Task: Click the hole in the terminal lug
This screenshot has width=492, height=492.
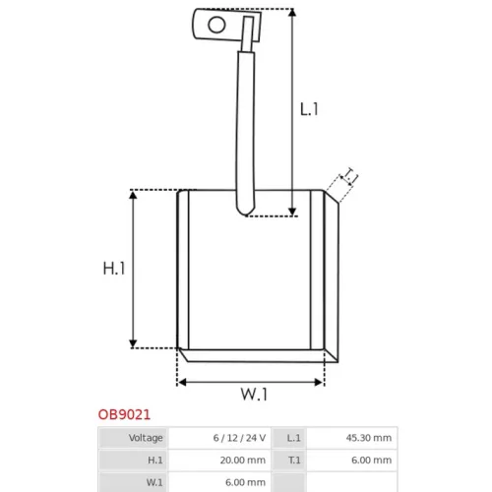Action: click(216, 25)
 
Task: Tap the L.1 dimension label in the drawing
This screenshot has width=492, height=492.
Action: click(309, 109)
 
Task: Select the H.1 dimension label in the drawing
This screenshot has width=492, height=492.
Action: click(114, 269)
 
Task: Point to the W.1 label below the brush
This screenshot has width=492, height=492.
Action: click(254, 394)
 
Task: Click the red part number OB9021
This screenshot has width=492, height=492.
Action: click(124, 414)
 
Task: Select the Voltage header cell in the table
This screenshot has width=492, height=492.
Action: click(146, 438)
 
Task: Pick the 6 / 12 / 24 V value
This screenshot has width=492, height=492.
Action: click(239, 438)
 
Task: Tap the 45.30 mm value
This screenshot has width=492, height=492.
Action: click(369, 438)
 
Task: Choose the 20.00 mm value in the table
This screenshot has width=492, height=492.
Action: click(243, 461)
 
